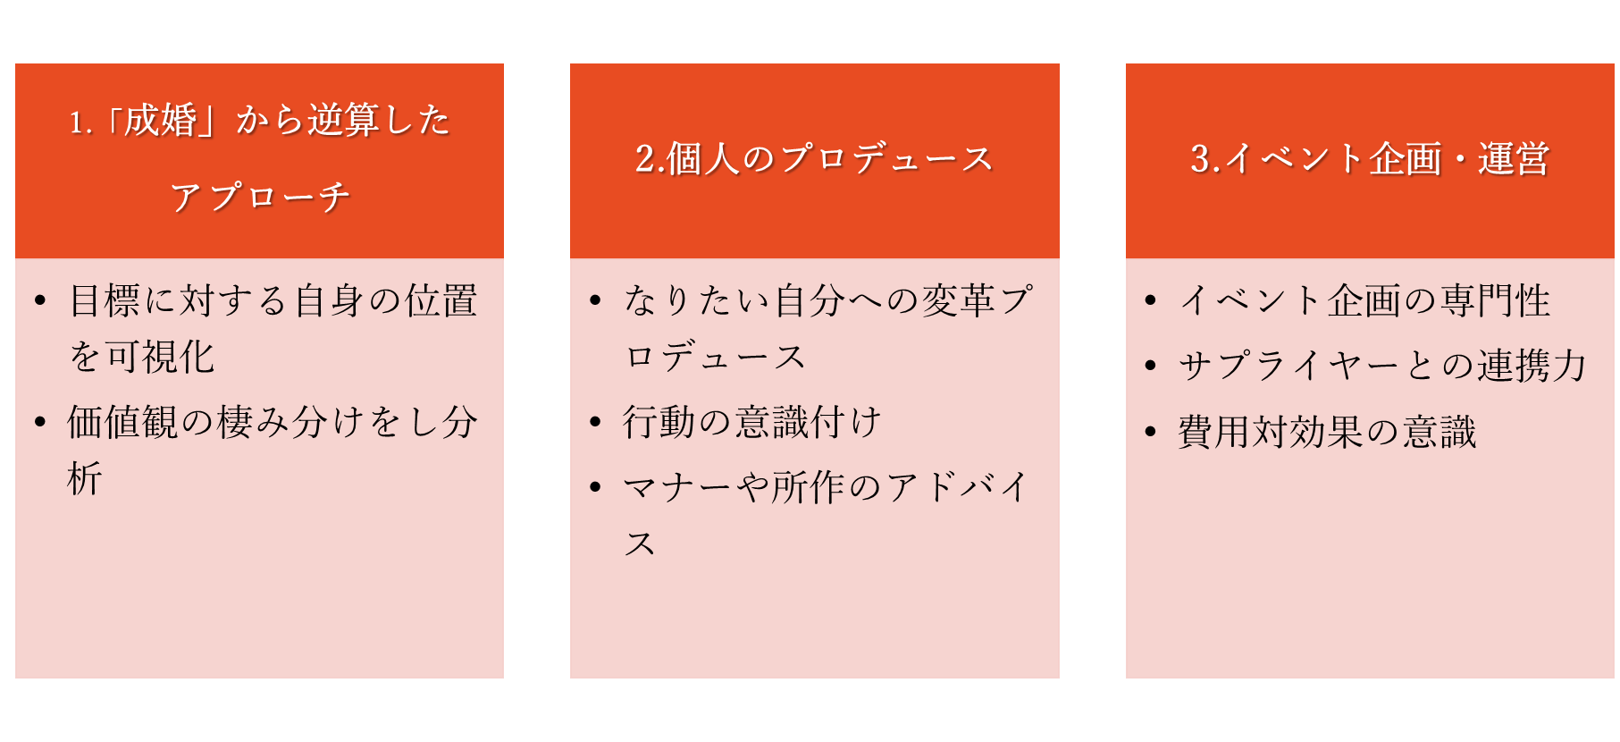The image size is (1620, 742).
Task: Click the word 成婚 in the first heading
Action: (x=160, y=120)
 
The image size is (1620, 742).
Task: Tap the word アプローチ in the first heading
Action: (x=259, y=198)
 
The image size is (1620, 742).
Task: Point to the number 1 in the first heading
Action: (x=77, y=122)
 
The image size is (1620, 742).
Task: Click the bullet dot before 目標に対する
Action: (x=40, y=300)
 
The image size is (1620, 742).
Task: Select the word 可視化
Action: (x=160, y=357)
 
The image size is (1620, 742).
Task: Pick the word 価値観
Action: (x=122, y=422)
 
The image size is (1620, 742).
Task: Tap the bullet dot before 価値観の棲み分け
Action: (x=40, y=422)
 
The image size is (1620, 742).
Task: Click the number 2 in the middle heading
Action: (x=645, y=159)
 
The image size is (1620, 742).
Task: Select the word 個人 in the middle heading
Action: (x=703, y=159)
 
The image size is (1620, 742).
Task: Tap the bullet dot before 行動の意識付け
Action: (x=595, y=422)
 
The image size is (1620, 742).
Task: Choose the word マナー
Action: (x=678, y=487)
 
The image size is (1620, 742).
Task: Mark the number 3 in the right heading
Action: (x=1200, y=159)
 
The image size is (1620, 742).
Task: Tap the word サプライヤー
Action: (x=1288, y=366)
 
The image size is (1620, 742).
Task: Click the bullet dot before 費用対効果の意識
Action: (x=1151, y=432)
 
